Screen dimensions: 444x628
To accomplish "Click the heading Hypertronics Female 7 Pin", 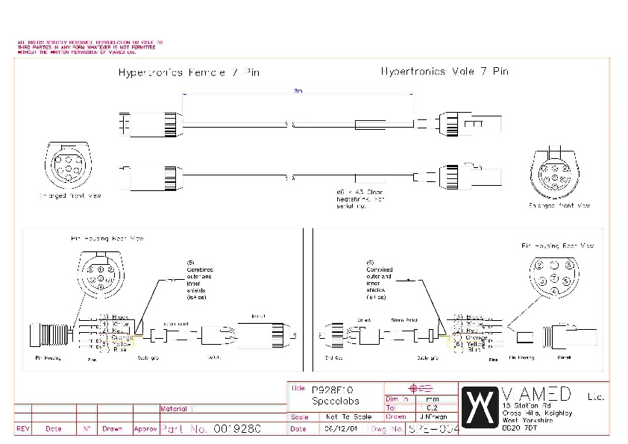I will pos(189,73).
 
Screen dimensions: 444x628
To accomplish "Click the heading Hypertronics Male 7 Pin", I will pos(444,72).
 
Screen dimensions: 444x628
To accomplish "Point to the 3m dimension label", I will pos(298,90).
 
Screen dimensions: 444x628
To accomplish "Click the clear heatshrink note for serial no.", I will pos(362,196).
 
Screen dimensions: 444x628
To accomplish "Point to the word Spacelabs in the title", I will pos(333,401).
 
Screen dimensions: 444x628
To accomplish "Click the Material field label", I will pos(177,408).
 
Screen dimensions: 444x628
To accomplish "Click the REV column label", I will pos(23,429).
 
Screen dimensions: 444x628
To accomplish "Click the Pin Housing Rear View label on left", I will pos(107,239).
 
